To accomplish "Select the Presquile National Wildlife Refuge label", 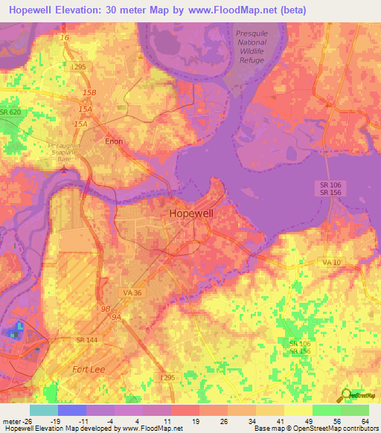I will tap(256, 47).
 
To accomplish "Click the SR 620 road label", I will tap(12, 112).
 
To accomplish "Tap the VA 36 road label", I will tap(132, 293).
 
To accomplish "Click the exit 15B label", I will tap(90, 92).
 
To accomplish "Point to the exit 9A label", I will tap(117, 316).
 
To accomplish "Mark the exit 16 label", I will tap(64, 36).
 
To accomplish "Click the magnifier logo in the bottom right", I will tap(345, 396).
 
